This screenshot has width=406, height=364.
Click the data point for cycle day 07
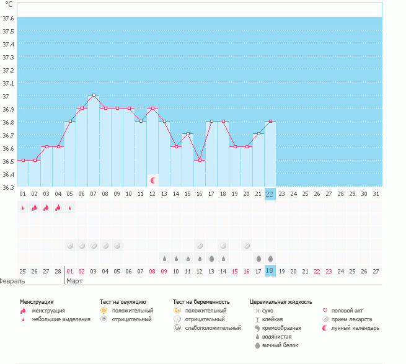tap(94, 95)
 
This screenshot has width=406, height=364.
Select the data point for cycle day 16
tap(200, 160)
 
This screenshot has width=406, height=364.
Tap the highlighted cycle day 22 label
tap(270, 193)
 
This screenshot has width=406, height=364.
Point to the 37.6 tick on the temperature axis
tap(8, 17)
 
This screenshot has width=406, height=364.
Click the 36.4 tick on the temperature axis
tap(8, 174)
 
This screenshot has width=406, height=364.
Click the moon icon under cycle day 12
tap(152, 180)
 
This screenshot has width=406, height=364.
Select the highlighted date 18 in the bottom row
tap(270, 271)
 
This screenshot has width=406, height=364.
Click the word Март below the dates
tap(74, 281)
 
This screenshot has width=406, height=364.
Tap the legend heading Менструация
tap(36, 301)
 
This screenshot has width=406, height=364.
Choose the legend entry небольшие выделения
tap(61, 319)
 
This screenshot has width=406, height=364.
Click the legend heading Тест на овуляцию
tap(123, 301)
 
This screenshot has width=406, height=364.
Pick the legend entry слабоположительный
tap(213, 328)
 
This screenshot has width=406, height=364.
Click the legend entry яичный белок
tap(285, 345)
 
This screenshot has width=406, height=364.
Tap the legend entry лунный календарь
tap(355, 328)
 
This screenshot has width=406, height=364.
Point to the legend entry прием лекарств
tap(351, 319)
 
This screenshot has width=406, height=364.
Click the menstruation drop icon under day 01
tap(23, 208)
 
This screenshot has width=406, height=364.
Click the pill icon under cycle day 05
tap(70, 245)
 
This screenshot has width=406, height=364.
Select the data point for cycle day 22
tap(270, 122)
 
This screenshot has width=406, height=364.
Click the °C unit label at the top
tap(9, 4)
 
